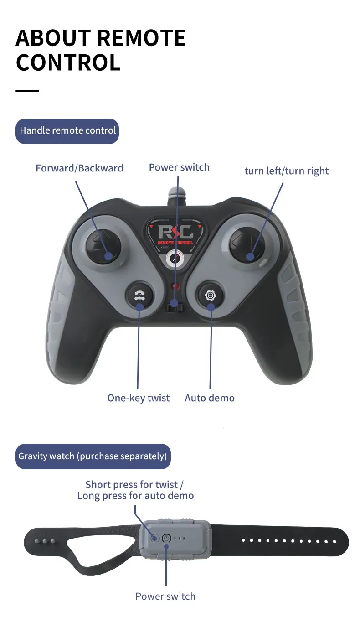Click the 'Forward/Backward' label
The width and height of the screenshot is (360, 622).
[x=79, y=168]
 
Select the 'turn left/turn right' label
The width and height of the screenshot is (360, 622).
[x=286, y=171]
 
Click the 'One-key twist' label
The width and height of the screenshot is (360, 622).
[x=138, y=398]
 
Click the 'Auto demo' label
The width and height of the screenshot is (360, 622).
[x=210, y=398]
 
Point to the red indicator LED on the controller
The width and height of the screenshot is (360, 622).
[x=175, y=286]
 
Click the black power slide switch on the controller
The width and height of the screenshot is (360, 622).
[x=175, y=307]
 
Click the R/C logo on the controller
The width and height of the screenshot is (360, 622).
[x=175, y=231]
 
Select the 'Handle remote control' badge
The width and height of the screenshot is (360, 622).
[x=67, y=131]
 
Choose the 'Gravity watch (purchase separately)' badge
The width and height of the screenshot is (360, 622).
[x=93, y=456]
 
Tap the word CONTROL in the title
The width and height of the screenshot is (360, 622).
[x=68, y=62]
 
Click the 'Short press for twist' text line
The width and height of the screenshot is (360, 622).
[x=134, y=485]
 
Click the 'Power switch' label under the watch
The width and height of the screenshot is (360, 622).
[x=165, y=596]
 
